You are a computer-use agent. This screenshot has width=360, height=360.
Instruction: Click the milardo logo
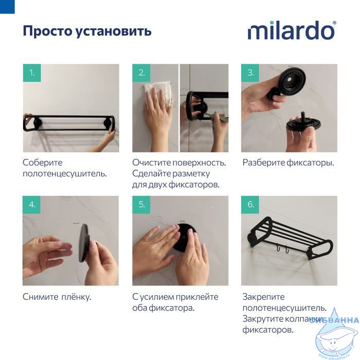pyautogui.click(x=292, y=30)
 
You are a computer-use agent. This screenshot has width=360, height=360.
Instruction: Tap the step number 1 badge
pyautogui.click(x=32, y=73)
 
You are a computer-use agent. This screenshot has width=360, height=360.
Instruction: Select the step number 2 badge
pyautogui.click(x=141, y=73)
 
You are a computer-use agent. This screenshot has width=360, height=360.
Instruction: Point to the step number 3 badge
pyautogui.click(x=250, y=73)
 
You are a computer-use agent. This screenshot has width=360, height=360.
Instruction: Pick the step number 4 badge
pyautogui.click(x=32, y=205)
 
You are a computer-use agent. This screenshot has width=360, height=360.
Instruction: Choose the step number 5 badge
pyautogui.click(x=141, y=205)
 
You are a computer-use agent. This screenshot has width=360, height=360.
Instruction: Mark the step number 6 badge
pyautogui.click(x=250, y=205)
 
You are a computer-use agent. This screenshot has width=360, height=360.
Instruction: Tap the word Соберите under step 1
pyautogui.click(x=43, y=163)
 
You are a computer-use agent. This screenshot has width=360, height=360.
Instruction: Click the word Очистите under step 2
pyautogui.click(x=152, y=163)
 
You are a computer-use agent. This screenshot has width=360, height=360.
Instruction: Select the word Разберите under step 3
pyautogui.click(x=264, y=163)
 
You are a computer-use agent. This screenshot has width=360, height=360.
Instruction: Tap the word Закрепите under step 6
pyautogui.click(x=263, y=297)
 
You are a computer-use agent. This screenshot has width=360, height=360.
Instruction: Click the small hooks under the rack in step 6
pyautogui.click(x=282, y=248)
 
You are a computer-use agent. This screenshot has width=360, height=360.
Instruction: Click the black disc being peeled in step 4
pyautogui.click(x=84, y=242)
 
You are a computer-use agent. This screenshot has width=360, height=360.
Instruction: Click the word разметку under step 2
pyautogui.click(x=191, y=174)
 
